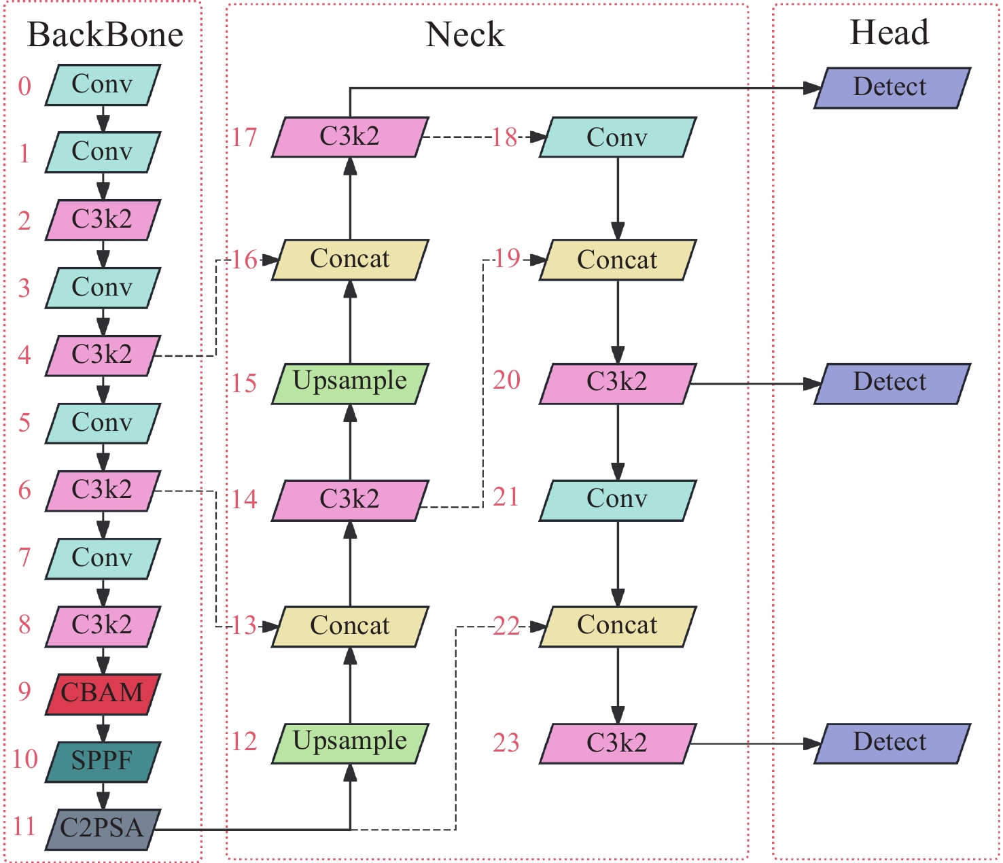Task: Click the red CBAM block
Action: pos(103,694)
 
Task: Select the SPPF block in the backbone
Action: pos(103,761)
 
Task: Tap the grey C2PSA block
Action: pos(103,828)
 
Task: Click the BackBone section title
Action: pos(105,35)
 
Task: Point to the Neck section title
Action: pos(465,35)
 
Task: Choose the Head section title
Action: pos(889,33)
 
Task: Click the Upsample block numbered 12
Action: pos(350,742)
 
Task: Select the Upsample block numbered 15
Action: pos(350,383)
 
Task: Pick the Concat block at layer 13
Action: pos(350,626)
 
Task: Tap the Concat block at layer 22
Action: pos(618,626)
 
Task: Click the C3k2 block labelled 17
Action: pos(350,137)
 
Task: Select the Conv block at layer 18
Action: pos(618,137)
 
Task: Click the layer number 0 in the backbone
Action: pos(24,86)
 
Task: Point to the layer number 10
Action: pos(25,759)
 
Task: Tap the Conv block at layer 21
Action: pos(618,500)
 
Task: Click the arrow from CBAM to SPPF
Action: pos(103,728)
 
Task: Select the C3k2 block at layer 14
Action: pos(350,500)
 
